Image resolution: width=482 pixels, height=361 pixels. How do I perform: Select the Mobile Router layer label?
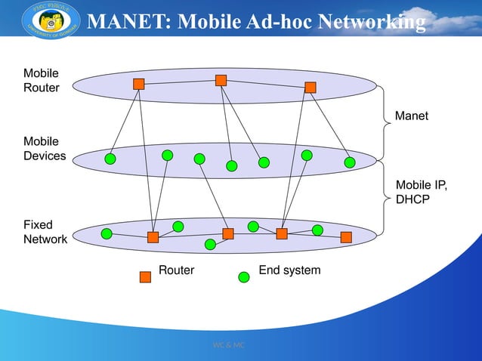click(x=42, y=80)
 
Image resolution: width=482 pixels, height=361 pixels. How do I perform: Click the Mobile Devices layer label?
click(x=45, y=149)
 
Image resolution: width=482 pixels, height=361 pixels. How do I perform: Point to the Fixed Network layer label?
click(x=45, y=232)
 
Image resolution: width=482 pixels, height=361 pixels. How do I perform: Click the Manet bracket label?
click(x=412, y=116)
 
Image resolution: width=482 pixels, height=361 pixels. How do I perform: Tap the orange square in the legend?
click(x=146, y=276)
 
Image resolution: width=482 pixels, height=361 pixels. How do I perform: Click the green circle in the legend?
click(x=244, y=276)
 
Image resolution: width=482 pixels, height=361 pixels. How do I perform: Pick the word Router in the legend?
click(x=176, y=270)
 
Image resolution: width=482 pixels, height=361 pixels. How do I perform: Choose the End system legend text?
click(x=289, y=270)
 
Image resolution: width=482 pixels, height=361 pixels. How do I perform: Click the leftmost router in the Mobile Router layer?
click(x=139, y=84)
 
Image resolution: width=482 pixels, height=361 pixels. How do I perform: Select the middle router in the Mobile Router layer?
click(x=221, y=80)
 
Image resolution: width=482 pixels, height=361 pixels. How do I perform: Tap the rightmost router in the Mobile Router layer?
click(x=310, y=87)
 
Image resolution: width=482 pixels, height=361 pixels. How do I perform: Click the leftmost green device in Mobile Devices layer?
click(x=110, y=159)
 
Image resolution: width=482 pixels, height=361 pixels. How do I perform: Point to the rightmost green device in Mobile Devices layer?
click(x=349, y=162)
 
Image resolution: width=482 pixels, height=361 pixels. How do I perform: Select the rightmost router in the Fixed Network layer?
click(x=346, y=237)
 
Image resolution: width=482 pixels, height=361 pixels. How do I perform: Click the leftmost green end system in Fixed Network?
click(x=107, y=233)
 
